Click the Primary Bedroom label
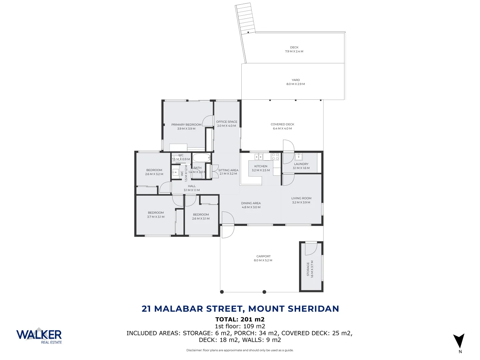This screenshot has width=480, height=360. tap(186, 125)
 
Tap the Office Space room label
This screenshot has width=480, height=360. tap(227, 122)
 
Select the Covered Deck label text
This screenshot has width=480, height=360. tap(282, 124)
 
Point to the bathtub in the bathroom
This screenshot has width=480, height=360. tap(201, 158)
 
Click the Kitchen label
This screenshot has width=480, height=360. tap(261, 166)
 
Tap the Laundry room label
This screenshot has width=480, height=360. tap(301, 164)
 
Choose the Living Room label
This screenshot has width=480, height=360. tap(301, 198)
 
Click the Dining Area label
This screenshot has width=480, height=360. tap(251, 203)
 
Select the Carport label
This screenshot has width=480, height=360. tap(263, 256)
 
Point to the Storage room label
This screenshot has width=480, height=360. tap(308, 269)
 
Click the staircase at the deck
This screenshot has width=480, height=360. tap(245, 18)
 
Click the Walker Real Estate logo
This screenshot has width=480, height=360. tap(39, 335)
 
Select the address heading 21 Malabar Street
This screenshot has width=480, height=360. tap(240, 309)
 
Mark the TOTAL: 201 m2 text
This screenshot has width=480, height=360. tap(240, 319)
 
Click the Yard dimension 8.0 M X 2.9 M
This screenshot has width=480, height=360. tap(296, 84)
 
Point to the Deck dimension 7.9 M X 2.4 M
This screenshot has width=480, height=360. tap(294, 51)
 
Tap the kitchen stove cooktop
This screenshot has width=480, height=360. tap(275, 156)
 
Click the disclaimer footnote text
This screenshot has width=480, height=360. tap(240, 350)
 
